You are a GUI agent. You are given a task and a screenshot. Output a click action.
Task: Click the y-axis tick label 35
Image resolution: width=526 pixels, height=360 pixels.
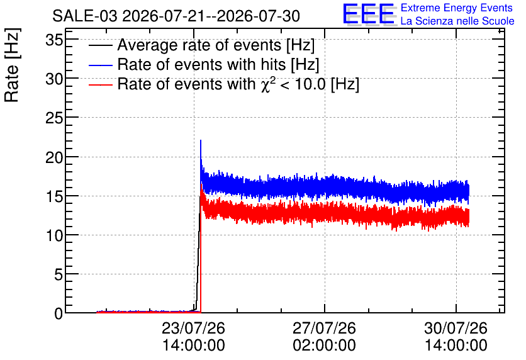(x=54, y=41)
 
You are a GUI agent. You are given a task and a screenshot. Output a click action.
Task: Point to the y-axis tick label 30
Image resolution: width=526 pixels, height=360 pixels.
(x=54, y=79)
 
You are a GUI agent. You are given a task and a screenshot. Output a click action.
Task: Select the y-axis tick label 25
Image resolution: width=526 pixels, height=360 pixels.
(x=54, y=118)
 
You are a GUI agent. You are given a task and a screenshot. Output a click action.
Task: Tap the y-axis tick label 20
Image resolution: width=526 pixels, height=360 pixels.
(x=54, y=157)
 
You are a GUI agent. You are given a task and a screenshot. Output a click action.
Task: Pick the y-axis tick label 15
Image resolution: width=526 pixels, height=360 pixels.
(x=54, y=196)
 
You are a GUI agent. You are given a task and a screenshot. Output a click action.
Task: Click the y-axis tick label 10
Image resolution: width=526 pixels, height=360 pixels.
(x=54, y=236)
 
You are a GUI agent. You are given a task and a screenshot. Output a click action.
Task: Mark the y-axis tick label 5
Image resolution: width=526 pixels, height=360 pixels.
(x=59, y=275)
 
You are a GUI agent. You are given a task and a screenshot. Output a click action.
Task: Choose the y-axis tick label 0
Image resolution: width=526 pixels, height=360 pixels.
(x=59, y=314)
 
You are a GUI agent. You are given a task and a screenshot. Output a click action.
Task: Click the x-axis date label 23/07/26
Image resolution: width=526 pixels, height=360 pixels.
(x=193, y=328)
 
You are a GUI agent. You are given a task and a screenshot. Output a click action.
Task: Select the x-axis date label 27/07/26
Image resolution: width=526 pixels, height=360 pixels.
(x=324, y=328)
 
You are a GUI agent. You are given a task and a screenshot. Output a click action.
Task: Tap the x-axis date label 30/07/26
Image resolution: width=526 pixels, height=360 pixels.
(x=456, y=328)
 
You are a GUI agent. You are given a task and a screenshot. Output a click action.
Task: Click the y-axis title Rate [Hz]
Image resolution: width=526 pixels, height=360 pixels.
(x=12, y=65)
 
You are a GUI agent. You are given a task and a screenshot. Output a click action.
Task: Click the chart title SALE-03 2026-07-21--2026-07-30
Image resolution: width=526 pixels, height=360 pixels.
(x=176, y=16)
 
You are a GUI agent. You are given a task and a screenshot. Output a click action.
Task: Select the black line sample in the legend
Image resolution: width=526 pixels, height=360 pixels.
(x=100, y=45)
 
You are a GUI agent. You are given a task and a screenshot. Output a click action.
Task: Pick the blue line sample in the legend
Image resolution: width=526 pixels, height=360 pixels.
(x=100, y=65)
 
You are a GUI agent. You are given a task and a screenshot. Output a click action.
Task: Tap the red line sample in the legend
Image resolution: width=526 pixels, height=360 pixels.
(x=100, y=84)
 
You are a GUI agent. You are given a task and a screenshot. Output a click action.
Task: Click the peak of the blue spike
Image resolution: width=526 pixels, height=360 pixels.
(x=201, y=140)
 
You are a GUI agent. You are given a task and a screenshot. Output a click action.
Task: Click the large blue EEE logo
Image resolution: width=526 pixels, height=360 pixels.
(x=368, y=14)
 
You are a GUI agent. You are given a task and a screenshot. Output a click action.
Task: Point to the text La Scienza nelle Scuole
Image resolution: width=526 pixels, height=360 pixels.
(x=457, y=21)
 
